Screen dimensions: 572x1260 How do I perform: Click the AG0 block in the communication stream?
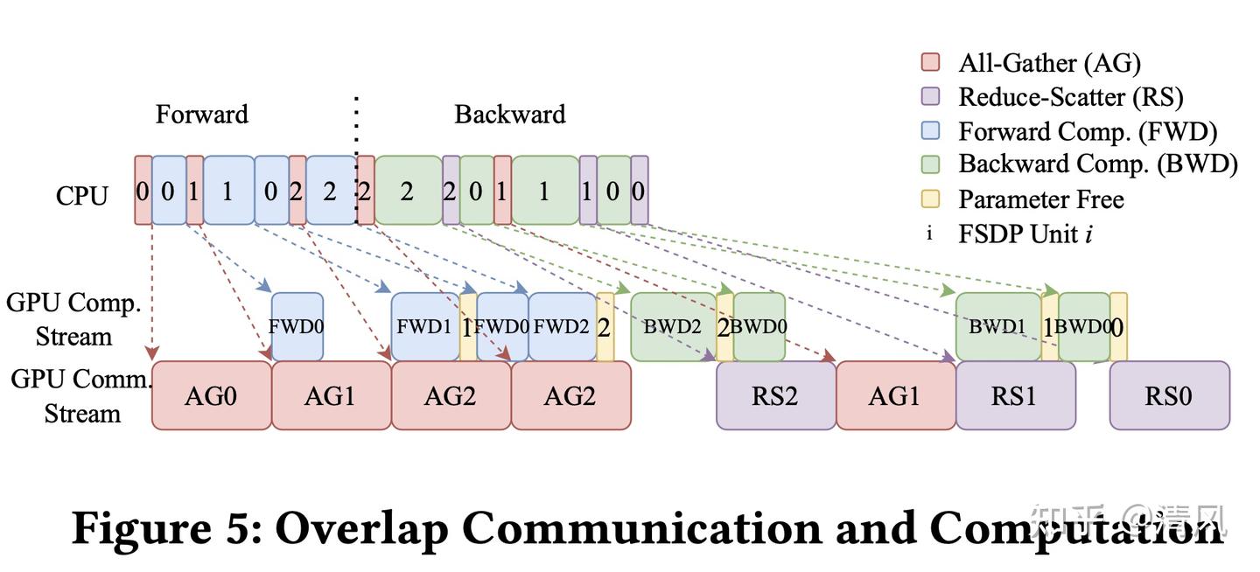click(x=211, y=396)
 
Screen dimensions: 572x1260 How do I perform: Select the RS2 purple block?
click(x=775, y=396)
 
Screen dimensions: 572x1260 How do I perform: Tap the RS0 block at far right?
click(x=1169, y=396)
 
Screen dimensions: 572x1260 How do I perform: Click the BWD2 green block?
click(x=672, y=327)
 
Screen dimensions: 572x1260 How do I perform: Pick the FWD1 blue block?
click(x=424, y=327)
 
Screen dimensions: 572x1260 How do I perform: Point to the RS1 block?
click(x=1015, y=396)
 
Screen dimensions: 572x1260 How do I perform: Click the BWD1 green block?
click(x=997, y=327)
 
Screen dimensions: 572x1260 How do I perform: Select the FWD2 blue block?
click(x=562, y=327)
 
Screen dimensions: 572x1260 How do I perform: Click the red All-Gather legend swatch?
click(x=930, y=62)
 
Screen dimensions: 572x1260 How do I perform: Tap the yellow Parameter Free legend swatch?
click(x=930, y=199)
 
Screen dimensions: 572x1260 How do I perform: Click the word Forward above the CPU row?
click(x=201, y=115)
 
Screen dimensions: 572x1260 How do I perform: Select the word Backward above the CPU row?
click(x=509, y=115)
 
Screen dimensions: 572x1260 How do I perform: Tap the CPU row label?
click(x=81, y=195)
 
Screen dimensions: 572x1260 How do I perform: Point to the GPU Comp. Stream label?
click(x=73, y=320)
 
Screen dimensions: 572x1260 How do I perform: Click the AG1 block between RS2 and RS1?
click(x=895, y=396)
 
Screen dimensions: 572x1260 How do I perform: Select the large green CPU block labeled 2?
click(x=407, y=191)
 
